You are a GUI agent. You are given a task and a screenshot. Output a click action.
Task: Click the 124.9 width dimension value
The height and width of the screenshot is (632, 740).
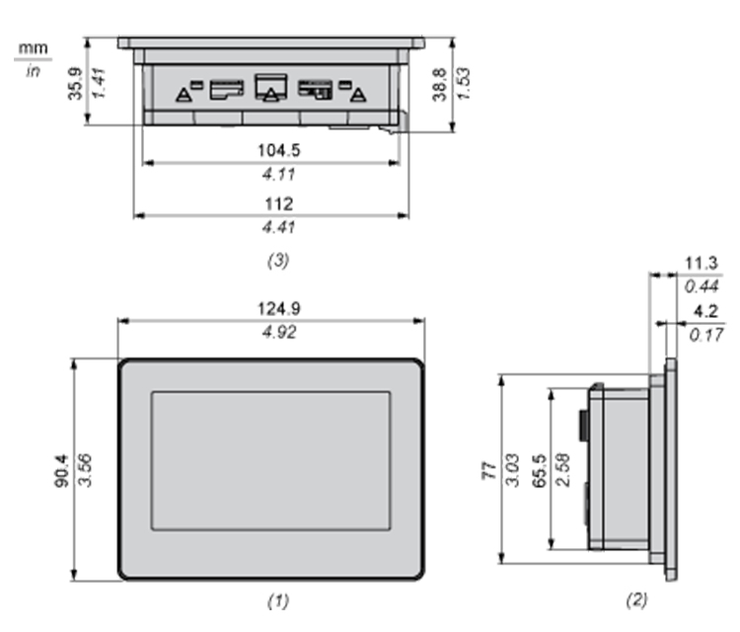pos(279,308)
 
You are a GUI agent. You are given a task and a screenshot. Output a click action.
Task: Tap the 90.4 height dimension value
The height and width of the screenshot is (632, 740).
pos(62,470)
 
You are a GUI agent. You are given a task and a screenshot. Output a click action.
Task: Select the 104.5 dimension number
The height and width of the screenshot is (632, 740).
pos(278,150)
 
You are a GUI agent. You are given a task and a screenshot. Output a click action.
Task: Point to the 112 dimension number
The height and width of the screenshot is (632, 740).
pos(279,204)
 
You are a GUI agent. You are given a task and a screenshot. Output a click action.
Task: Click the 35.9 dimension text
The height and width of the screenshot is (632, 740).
pos(76,84)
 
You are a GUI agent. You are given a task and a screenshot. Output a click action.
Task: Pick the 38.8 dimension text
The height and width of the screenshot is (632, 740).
pos(439,85)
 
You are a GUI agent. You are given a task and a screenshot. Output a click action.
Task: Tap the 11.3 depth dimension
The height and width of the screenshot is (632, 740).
pos(701,263)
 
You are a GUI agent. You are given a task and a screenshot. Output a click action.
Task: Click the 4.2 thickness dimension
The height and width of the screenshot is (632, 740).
pos(705,311)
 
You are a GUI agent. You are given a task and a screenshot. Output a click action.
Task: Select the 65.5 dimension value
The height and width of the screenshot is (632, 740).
pos(539,470)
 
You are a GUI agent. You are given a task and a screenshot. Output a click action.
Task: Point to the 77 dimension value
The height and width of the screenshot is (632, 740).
pos(489,471)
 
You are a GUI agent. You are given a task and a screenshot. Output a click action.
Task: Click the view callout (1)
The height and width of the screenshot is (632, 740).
pos(278,600)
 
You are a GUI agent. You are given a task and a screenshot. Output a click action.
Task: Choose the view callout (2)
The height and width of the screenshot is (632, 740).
pos(636,599)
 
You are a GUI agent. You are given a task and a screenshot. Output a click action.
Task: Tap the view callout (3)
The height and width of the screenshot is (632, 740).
pos(278,261)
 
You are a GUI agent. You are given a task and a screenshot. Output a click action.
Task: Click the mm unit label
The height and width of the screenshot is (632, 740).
pos(33,48)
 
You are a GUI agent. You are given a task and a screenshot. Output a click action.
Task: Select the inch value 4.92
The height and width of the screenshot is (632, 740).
pos(279,332)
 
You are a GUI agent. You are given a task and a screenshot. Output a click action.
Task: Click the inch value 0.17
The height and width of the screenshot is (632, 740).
pos(705,335)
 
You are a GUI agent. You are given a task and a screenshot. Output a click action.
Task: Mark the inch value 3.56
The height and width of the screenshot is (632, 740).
pos(85,470)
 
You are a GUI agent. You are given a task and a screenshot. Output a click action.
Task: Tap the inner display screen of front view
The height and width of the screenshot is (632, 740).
pos(271,460)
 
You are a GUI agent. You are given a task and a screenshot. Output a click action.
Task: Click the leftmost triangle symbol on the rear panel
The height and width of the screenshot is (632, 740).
pos(184,96)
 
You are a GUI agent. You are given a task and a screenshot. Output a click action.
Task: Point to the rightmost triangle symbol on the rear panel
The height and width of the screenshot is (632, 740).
pos(359,96)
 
